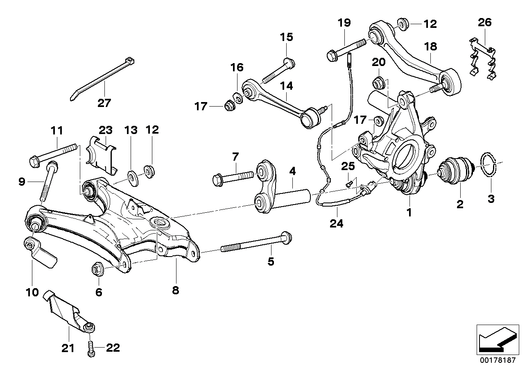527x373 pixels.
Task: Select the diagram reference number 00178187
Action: (x=496, y=361)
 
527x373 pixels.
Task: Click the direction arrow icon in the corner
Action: (x=496, y=339)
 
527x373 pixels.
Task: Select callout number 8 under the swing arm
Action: (x=175, y=290)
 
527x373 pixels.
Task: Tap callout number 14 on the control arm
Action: (x=287, y=86)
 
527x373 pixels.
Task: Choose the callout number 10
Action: (x=32, y=292)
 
